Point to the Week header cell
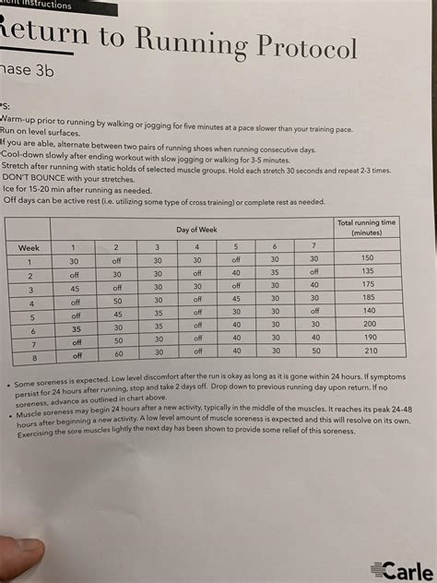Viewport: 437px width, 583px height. (28, 247)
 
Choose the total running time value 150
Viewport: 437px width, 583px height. (368, 258)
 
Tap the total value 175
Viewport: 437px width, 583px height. (369, 286)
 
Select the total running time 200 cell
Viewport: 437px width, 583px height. (369, 325)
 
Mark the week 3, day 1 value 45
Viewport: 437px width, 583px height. (75, 288)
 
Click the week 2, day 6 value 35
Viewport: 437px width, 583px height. (274, 272)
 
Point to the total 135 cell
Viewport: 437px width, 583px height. (369, 272)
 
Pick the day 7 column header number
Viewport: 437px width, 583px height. (313, 245)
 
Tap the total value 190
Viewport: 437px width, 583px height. (369, 338)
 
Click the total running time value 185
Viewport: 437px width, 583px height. (369, 299)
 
